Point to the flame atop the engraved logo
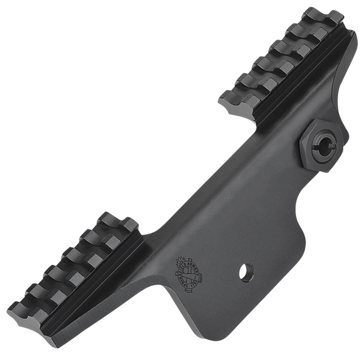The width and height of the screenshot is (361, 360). (180, 261)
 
